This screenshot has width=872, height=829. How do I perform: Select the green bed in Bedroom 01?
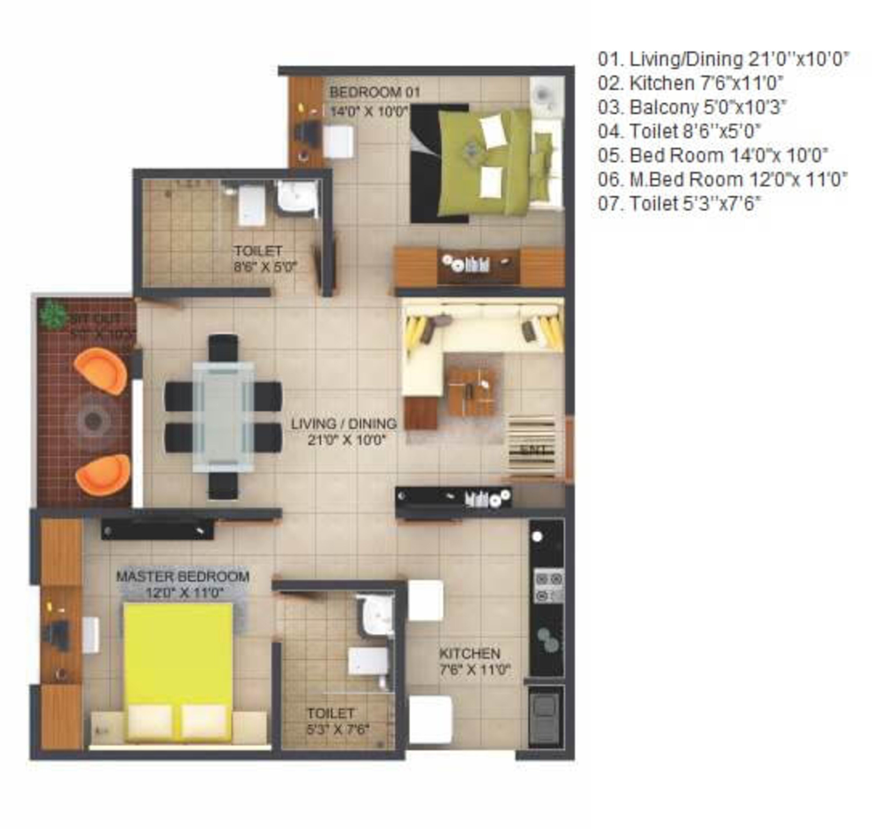pos(484,163)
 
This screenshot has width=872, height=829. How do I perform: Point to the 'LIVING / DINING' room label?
pos(344,423)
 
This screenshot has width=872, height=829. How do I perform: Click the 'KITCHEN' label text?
pos(470,653)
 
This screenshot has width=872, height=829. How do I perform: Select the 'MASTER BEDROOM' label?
pos(183,576)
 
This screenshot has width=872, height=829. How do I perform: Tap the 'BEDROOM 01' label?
pos(375,92)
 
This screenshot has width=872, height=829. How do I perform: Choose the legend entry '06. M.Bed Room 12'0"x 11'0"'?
pos(722,179)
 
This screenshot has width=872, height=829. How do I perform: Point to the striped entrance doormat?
pos(532,446)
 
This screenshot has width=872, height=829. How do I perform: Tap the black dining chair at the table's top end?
pos(223,348)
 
